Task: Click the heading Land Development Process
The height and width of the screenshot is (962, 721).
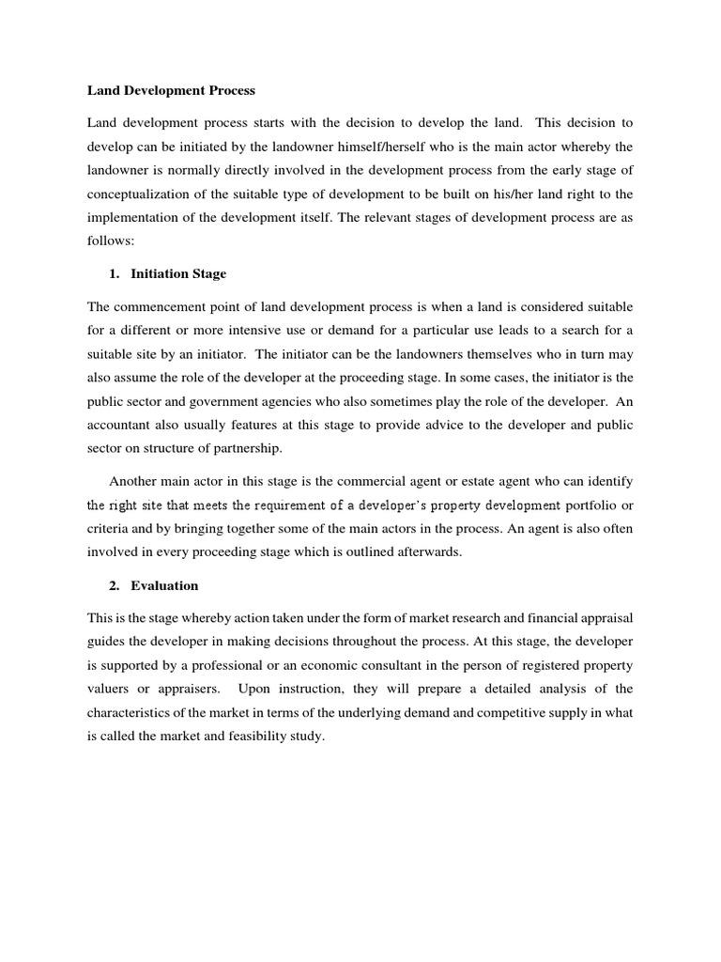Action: point(171,91)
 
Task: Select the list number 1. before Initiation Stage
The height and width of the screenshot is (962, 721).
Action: point(115,274)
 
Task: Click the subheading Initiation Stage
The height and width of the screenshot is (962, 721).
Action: point(178,274)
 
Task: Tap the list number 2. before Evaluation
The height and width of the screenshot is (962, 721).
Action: point(115,585)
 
